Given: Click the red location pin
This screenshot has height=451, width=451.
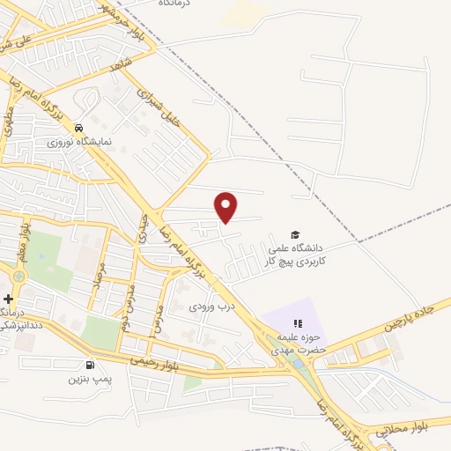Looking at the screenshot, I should tap(226, 206).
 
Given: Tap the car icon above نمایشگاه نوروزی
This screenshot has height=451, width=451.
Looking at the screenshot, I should tap(79, 127).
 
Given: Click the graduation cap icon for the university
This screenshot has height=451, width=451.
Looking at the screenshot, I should tap(296, 234).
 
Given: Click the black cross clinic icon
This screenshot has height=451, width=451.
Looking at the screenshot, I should tap(8, 300).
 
